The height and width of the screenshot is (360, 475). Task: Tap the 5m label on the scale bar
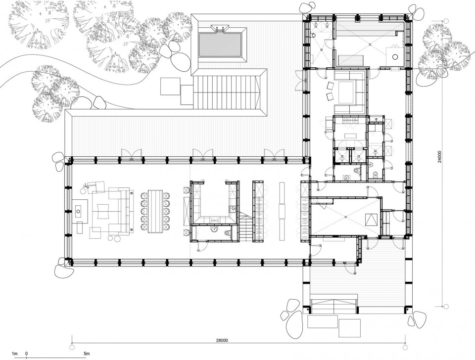[x=87, y=353]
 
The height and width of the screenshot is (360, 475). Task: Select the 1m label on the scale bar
[x=14, y=353]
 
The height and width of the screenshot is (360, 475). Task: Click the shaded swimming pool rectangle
[x=220, y=45]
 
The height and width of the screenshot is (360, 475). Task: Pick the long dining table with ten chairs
[x=155, y=211]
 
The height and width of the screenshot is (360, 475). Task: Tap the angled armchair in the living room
[x=96, y=186]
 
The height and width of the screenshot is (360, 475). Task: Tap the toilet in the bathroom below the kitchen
[x=228, y=232]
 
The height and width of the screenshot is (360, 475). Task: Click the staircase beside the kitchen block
[x=246, y=226]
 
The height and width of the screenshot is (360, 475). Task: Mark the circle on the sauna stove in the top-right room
[x=395, y=56]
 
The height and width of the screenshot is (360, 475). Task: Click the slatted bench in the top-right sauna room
[x=351, y=60]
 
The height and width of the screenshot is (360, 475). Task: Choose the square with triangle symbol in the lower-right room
[x=372, y=219]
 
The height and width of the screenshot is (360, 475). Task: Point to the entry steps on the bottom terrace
[x=334, y=307]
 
